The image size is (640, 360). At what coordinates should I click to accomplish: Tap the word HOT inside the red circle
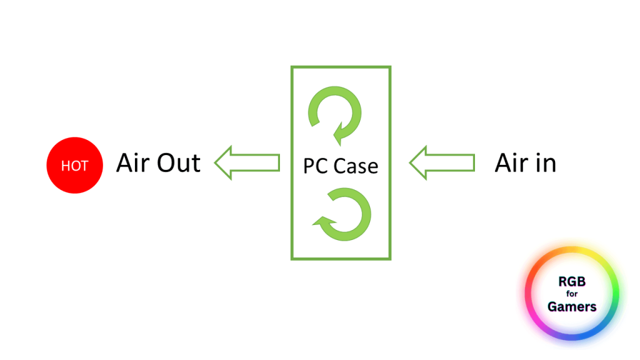coord(75,166)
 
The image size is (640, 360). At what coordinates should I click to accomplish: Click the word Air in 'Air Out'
coord(132,163)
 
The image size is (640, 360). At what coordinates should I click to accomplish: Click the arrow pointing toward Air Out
coord(247,163)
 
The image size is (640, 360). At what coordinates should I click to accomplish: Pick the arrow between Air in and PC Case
coord(442,163)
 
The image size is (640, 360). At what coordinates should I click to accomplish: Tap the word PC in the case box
coord(316,166)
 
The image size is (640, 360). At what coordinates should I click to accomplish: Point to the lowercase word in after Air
coord(546,163)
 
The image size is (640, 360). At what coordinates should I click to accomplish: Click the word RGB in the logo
coord(572,282)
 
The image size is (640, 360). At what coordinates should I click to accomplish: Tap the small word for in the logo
coord(572,294)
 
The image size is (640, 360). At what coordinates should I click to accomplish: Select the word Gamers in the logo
coord(572,307)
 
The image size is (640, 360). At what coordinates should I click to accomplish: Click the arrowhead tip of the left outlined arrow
coord(216,163)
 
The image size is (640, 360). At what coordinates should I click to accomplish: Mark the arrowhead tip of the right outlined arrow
coord(411,163)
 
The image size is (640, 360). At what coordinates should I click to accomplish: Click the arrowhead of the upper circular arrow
coord(341,133)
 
